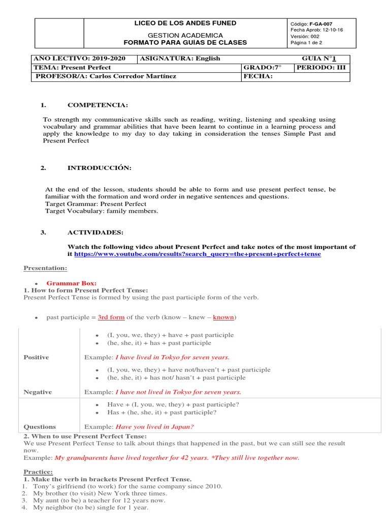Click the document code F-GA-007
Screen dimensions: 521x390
pyautogui.click(x=318, y=24)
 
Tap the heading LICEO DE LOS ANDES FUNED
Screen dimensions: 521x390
pyautogui.click(x=185, y=23)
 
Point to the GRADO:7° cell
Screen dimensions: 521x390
pyautogui.click(x=262, y=67)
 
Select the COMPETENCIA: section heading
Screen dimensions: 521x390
pyautogui.click(x=97, y=105)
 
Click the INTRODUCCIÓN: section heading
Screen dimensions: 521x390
pyautogui.click(x=100, y=168)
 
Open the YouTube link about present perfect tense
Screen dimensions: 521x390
pyautogui.click(x=197, y=253)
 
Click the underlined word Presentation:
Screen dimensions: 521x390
pyautogui.click(x=45, y=268)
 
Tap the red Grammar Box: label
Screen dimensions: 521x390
pyautogui.click(x=71, y=283)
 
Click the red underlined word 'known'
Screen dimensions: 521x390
pyautogui.click(x=223, y=317)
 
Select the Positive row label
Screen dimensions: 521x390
pyautogui.click(x=37, y=357)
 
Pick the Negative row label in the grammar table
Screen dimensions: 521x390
pyautogui.click(x=38, y=392)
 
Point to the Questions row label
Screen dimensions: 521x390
pyautogui.click(x=40, y=427)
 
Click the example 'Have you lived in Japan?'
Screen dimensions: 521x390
pyautogui.click(x=155, y=427)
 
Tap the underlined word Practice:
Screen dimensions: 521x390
pyautogui.click(x=38, y=472)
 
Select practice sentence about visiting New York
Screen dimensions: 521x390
pyautogui.click(x=100, y=494)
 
